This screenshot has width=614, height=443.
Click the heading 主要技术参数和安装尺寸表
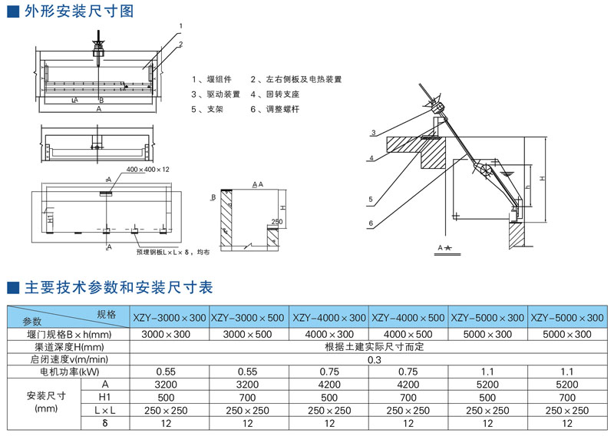(119, 288)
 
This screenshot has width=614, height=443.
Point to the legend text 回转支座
(282, 94)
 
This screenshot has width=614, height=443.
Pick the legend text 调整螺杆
(282, 110)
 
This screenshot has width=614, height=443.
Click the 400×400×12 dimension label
(147, 168)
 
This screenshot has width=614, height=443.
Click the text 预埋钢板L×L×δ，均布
(172, 251)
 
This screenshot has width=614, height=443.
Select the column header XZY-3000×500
(249, 316)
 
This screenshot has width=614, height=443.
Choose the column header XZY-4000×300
(329, 316)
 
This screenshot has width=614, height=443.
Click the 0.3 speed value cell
(369, 359)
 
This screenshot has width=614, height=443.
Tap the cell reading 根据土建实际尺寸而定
(369, 346)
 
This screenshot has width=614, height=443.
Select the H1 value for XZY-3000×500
(249, 396)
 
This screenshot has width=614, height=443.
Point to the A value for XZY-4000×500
(409, 384)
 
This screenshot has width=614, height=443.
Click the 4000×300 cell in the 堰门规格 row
(329, 334)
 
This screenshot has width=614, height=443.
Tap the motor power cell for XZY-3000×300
(170, 371)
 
